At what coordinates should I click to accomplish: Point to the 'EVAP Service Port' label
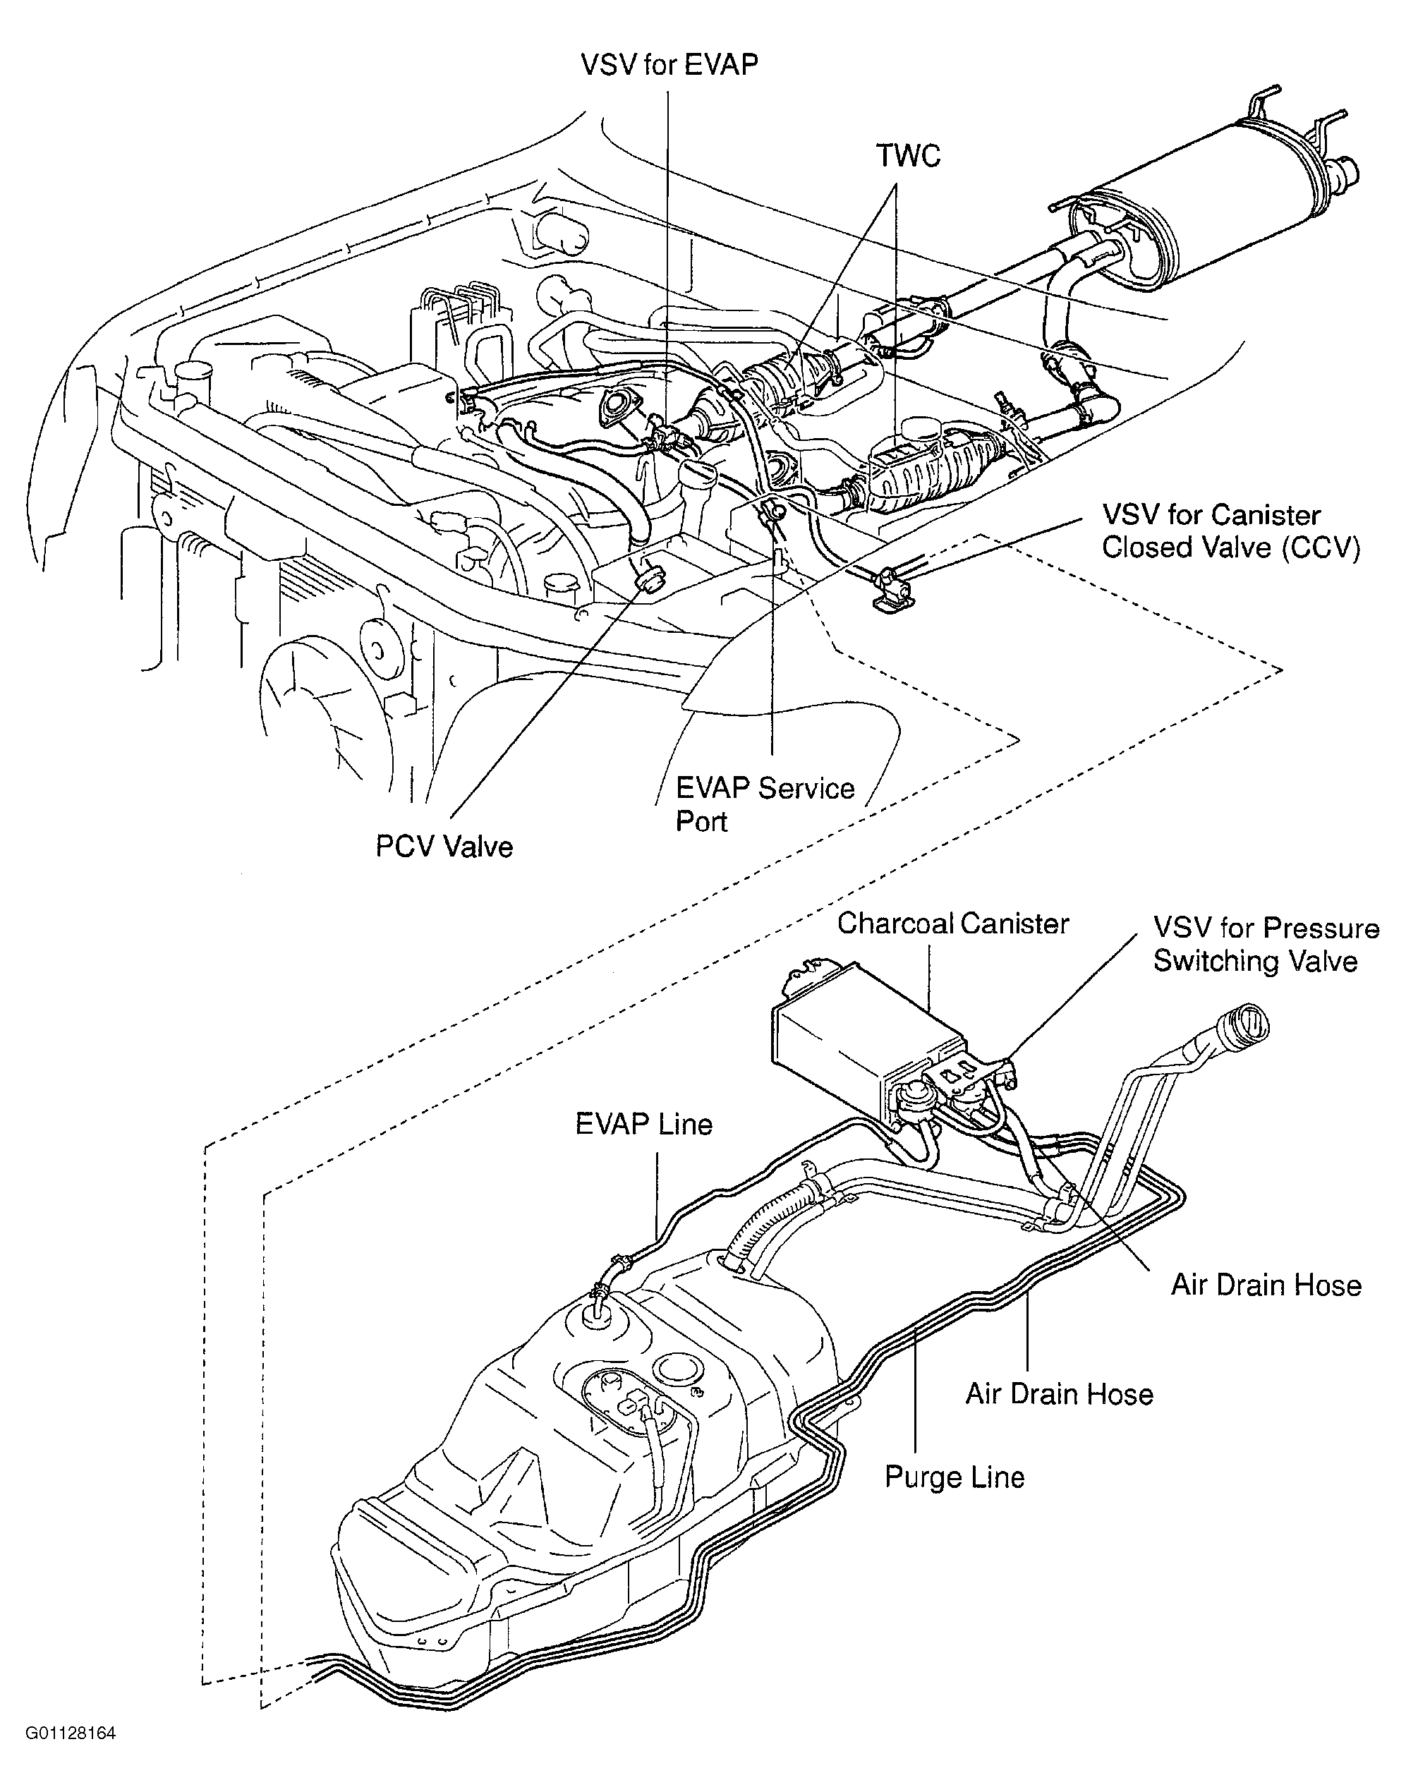pyautogui.click(x=765, y=804)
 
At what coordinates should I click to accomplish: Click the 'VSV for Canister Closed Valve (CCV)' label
pyautogui.click(x=1230, y=531)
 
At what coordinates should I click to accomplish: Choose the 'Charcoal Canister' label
pyautogui.click(x=952, y=923)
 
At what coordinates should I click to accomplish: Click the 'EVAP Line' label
pyautogui.click(x=643, y=1124)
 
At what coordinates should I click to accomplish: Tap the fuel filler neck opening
pyautogui.click(x=1245, y=1026)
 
